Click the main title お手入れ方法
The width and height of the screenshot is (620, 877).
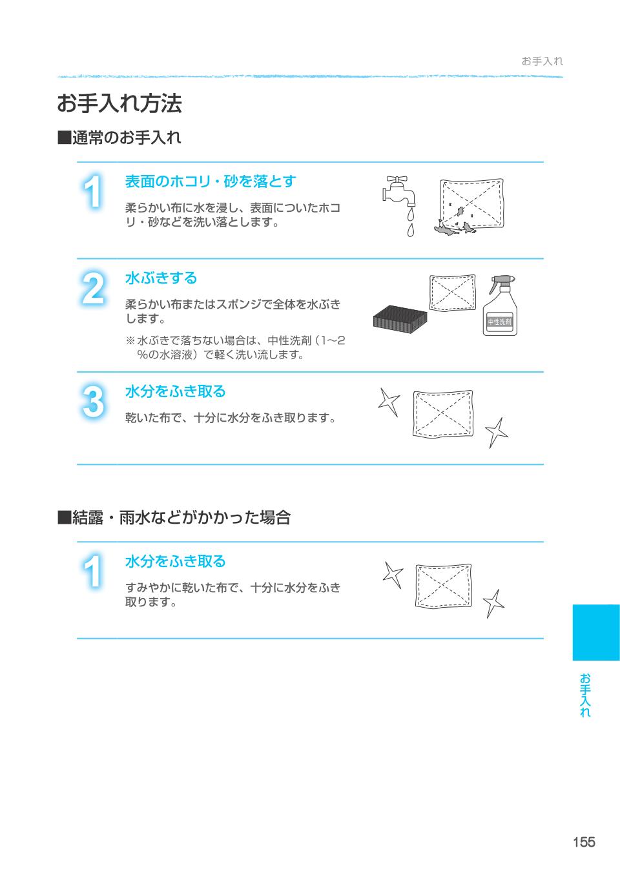click(119, 103)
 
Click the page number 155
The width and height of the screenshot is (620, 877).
click(584, 842)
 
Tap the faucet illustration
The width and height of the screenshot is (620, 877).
click(398, 191)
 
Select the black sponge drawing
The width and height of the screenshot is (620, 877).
click(400, 319)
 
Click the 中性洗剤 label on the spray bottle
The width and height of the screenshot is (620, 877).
click(499, 322)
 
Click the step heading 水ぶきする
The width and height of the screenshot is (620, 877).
click(161, 278)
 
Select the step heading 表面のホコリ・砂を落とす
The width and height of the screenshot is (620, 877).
click(211, 181)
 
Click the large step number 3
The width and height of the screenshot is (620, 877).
click(93, 402)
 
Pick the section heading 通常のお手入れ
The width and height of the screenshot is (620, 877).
click(119, 138)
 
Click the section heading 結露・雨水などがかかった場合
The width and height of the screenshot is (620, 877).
click(174, 517)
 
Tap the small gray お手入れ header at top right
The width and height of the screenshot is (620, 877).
click(542, 61)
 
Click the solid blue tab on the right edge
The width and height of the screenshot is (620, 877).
click(596, 632)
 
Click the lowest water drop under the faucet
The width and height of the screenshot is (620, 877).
click(410, 231)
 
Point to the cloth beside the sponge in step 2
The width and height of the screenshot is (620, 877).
click(453, 293)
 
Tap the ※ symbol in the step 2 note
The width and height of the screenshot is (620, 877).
click(130, 340)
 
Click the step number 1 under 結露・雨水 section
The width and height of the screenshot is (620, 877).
click(93, 571)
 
